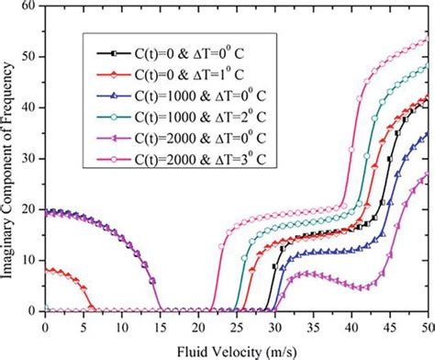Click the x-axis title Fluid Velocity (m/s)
pyautogui.click(x=237, y=350)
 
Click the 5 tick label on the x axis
pyautogui.click(x=84, y=326)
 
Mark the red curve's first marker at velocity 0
pyautogui.click(x=45, y=270)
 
